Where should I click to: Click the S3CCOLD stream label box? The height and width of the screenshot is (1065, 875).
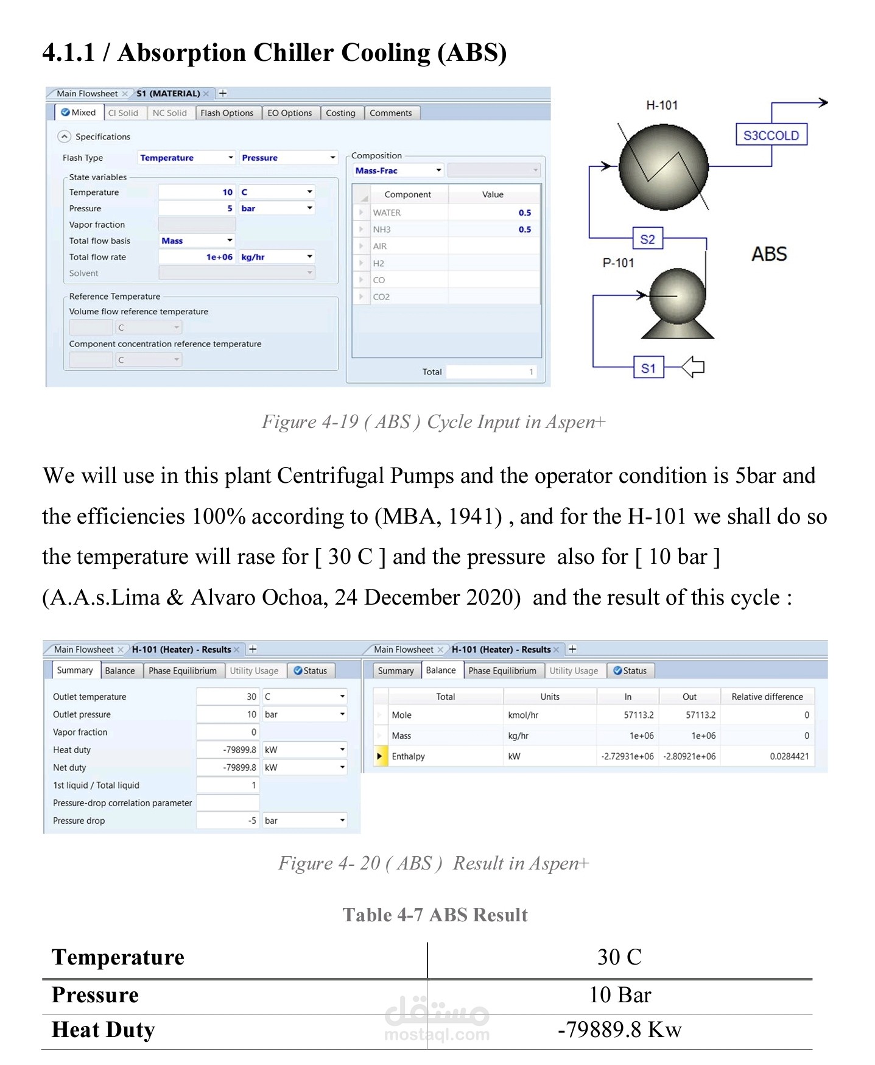pyautogui.click(x=771, y=135)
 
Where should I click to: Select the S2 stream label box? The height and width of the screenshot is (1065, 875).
pyautogui.click(x=647, y=239)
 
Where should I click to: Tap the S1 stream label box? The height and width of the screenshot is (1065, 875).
pyautogui.click(x=648, y=368)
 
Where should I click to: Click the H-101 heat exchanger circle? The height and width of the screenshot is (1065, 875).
pyautogui.click(x=663, y=166)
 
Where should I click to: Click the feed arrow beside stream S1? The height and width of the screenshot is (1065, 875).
pyautogui.click(x=692, y=367)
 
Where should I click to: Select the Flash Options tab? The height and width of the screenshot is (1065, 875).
pyautogui.click(x=227, y=113)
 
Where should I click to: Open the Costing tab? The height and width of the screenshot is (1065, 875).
pyautogui.click(x=340, y=113)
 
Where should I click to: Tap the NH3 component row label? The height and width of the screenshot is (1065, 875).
pyautogui.click(x=382, y=230)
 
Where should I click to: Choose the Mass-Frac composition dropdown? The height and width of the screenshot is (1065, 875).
pyautogui.click(x=398, y=170)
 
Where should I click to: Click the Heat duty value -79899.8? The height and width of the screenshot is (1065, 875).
pyautogui.click(x=228, y=750)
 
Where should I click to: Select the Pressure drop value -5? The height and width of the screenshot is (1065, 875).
pyautogui.click(x=228, y=820)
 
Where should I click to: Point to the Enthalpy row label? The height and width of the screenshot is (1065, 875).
pyautogui.click(x=408, y=756)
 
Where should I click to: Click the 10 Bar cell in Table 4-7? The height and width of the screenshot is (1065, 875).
pyautogui.click(x=620, y=995)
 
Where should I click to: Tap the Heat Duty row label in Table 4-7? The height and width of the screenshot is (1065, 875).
pyautogui.click(x=104, y=1030)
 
